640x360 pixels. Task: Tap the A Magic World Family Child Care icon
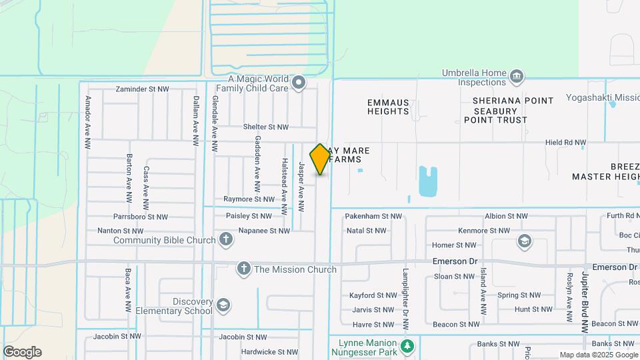click(299, 83)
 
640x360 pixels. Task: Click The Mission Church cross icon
click(244, 269)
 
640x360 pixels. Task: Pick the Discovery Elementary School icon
click(223, 305)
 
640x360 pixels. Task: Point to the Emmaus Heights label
click(388, 107)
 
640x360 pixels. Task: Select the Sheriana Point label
click(513, 101)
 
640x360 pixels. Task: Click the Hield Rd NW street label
click(565, 143)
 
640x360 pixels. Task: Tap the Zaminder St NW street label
click(145, 89)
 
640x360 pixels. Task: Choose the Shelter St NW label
click(265, 127)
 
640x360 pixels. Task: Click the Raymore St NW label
click(249, 199)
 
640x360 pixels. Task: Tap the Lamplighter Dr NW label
click(405, 299)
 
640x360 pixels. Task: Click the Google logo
click(22, 352)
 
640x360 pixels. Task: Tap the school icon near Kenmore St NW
click(525, 241)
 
